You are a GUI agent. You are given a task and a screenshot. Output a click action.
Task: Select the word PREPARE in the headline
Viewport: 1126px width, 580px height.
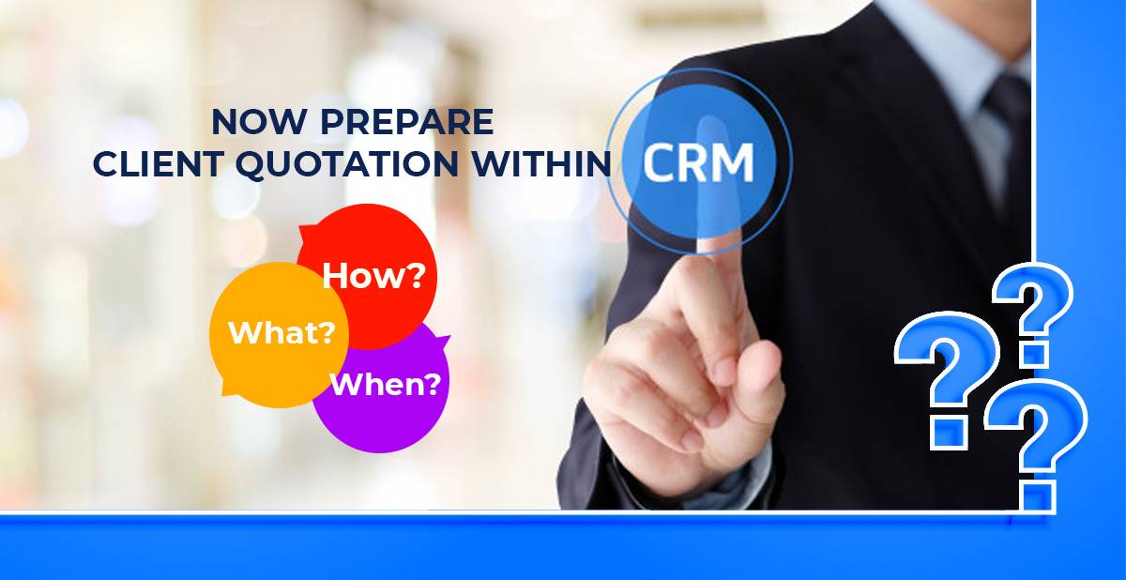(x=407, y=122)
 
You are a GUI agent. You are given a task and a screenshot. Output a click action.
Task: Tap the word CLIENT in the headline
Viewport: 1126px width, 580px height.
(x=157, y=163)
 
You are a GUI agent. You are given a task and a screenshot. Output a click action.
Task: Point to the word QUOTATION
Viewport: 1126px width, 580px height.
(x=347, y=164)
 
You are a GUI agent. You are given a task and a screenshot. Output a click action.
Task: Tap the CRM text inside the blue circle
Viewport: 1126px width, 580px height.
(x=699, y=163)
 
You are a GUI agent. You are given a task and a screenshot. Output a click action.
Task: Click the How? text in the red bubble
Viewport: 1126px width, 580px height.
(x=373, y=275)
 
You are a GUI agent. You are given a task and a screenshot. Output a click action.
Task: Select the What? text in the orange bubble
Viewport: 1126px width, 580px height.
(x=282, y=332)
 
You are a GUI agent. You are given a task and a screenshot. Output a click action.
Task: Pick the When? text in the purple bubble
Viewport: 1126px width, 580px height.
(x=386, y=385)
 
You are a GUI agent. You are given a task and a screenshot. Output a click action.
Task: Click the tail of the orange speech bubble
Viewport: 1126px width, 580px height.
(x=228, y=387)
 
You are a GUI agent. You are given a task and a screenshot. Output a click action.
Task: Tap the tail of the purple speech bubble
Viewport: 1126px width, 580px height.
(x=441, y=341)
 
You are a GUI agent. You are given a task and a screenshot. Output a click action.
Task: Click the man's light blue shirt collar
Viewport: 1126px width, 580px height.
(x=955, y=40)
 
